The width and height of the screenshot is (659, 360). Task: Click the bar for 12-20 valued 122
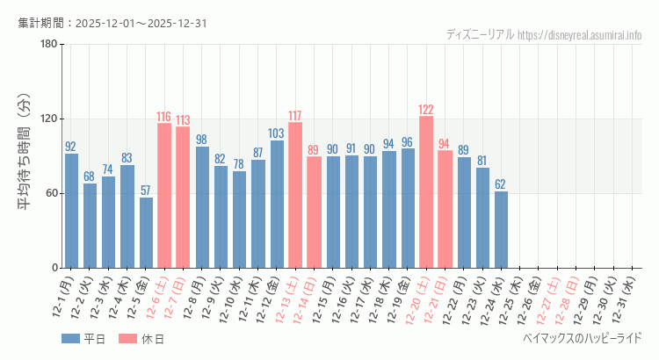click(x=426, y=191)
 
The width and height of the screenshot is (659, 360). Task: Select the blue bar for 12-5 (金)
click(x=146, y=233)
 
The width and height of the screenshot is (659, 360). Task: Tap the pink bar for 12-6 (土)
click(x=164, y=195)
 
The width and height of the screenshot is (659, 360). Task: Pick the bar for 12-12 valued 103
click(x=277, y=204)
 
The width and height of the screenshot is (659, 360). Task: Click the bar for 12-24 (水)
click(x=501, y=229)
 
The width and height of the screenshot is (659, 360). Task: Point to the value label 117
click(x=295, y=116)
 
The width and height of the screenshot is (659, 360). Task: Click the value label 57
click(x=146, y=191)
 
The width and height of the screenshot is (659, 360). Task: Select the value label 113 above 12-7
click(x=183, y=120)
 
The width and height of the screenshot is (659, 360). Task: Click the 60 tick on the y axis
click(x=51, y=193)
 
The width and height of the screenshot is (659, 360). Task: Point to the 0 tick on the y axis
click(x=54, y=268)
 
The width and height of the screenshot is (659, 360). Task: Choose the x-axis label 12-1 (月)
click(x=63, y=299)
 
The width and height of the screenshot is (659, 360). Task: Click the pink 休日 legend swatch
click(x=128, y=339)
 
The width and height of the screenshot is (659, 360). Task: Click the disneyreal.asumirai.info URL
click(x=579, y=35)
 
